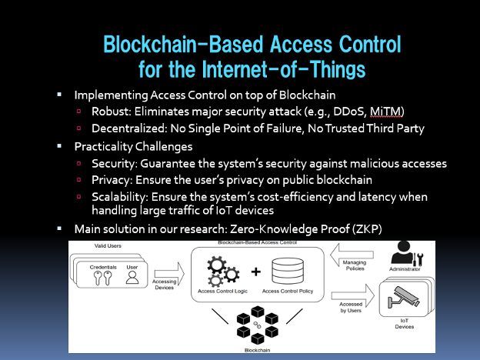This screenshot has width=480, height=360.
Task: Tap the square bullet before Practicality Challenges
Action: point(61,145)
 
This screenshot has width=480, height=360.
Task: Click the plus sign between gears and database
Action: point(256,272)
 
